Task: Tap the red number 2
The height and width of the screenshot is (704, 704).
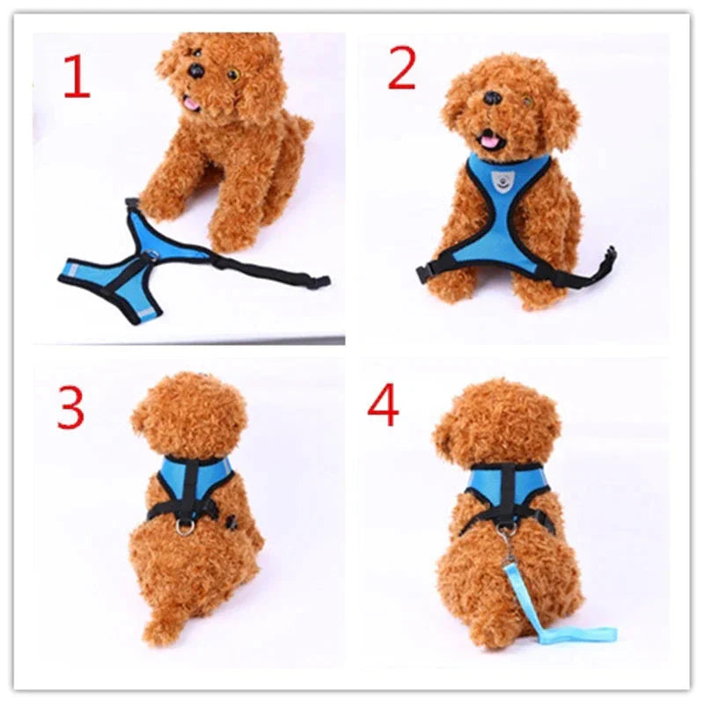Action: click(401, 70)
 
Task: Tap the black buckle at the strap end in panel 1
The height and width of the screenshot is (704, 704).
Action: click(320, 282)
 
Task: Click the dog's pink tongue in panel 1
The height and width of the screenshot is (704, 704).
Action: click(187, 105)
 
